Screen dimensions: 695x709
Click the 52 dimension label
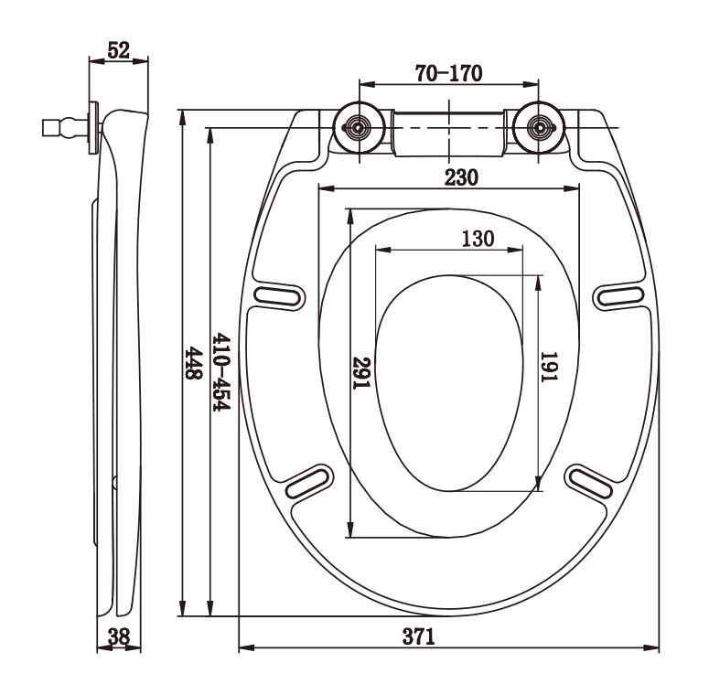[118, 50]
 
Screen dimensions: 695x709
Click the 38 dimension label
[118, 637]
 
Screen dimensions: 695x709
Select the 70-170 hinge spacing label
[448, 73]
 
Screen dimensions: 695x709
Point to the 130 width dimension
[477, 239]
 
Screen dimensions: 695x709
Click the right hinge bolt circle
[542, 128]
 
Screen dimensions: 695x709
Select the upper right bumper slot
[621, 295]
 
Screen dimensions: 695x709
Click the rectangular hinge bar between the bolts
[448, 130]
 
